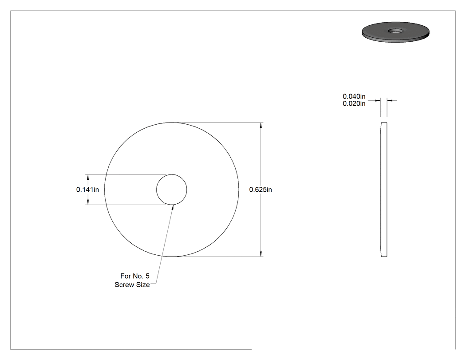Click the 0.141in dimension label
[x=88, y=190]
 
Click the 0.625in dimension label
[x=261, y=190]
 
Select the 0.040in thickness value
[x=354, y=96]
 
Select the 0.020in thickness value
[x=354, y=103]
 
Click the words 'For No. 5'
[x=135, y=276]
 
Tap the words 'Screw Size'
[x=132, y=285]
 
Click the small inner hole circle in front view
[x=172, y=174]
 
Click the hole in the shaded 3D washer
[x=395, y=31]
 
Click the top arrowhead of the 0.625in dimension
[x=261, y=126]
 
